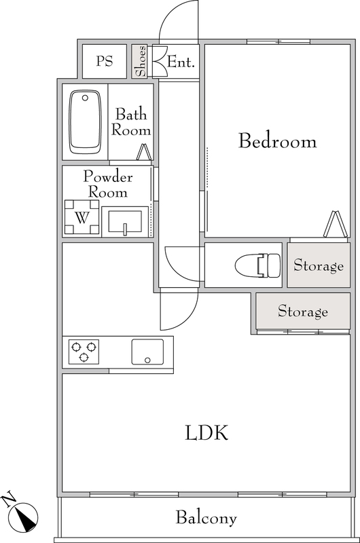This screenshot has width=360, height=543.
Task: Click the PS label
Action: (105, 61)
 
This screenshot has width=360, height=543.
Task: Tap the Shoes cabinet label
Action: (141, 61)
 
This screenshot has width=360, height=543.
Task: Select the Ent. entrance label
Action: (181, 62)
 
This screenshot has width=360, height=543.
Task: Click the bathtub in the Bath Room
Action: (85, 122)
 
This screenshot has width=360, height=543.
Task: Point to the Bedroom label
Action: (277, 141)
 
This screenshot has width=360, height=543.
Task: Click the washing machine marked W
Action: (82, 218)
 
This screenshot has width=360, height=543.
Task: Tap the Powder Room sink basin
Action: (125, 222)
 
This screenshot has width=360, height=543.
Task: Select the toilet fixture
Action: (258, 265)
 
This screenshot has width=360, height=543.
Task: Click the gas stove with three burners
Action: (84, 352)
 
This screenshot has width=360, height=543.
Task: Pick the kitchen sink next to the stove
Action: (147, 352)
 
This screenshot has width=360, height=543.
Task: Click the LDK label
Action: (206, 432)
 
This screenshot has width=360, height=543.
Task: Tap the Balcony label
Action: (206, 518)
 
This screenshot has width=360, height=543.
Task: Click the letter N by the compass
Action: (9, 498)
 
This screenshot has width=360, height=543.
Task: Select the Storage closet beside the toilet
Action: (319, 265)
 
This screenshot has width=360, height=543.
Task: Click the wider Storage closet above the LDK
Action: (303, 311)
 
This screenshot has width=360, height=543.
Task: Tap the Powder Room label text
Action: (108, 184)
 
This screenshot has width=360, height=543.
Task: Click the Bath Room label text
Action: (131, 122)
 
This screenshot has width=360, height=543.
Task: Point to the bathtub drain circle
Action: (85, 98)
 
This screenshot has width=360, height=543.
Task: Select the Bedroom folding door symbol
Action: (336, 225)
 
